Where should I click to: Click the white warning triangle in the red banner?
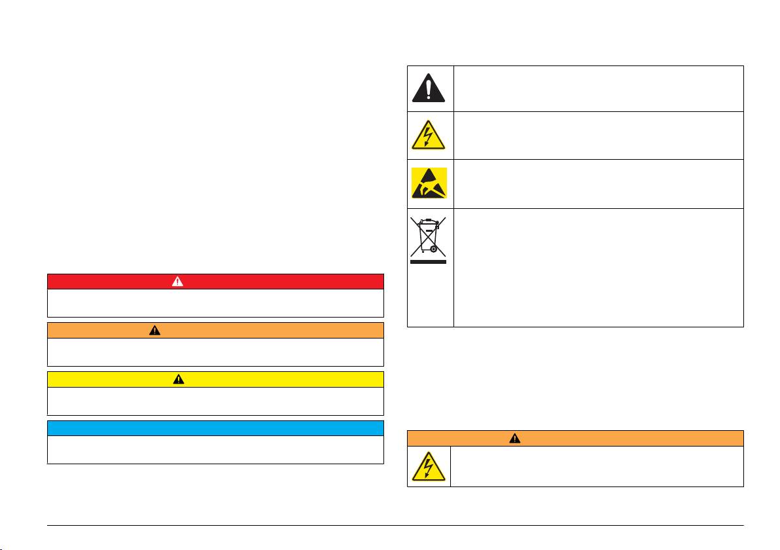click(177, 282)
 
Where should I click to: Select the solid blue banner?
click(215, 428)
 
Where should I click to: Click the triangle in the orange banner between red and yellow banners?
click(154, 330)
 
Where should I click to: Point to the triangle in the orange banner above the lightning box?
click(514, 438)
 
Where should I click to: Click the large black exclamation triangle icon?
click(429, 88)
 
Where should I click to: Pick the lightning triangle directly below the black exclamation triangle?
click(429, 136)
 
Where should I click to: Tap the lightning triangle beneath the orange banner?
click(429, 467)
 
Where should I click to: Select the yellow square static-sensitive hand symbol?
click(429, 183)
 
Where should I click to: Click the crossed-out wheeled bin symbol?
click(429, 235)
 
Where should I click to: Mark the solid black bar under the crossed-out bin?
click(429, 261)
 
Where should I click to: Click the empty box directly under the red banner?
click(215, 303)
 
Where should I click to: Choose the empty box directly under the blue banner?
click(215, 450)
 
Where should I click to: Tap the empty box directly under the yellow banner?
click(215, 401)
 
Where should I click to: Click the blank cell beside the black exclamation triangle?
click(599, 88)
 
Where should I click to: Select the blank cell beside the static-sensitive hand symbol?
click(599, 183)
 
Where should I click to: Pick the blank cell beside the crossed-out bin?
click(599, 267)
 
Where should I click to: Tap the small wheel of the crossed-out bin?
click(433, 249)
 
